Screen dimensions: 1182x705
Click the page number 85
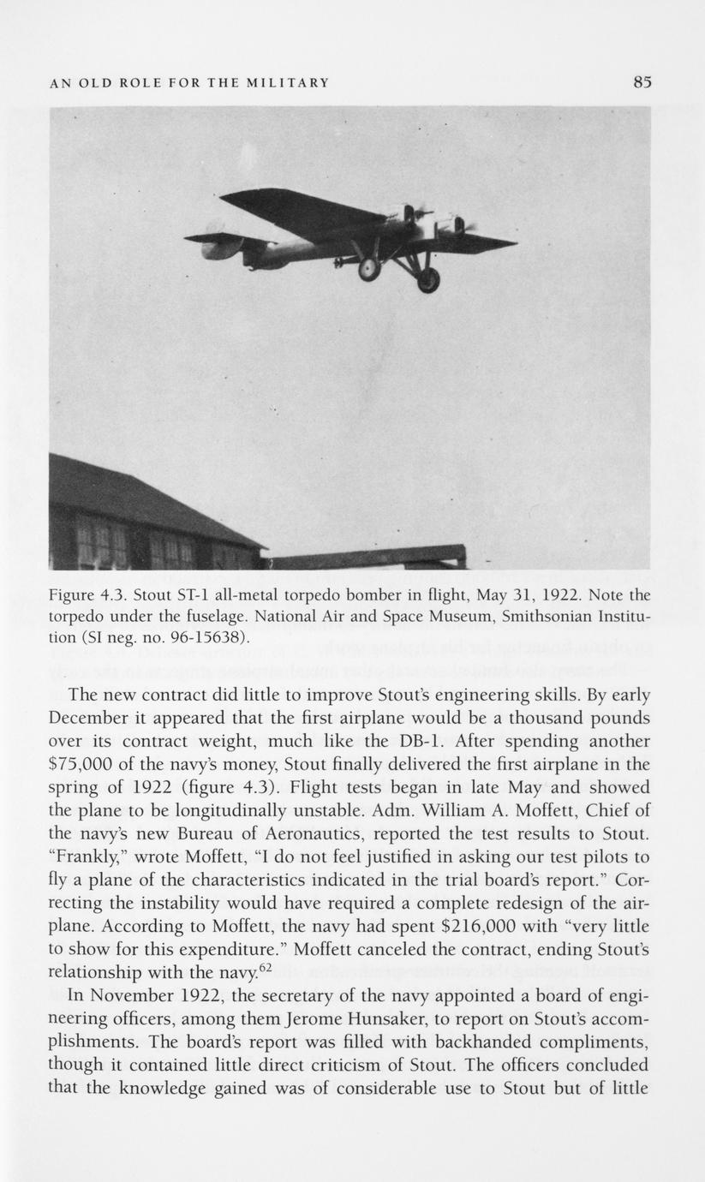point(642,82)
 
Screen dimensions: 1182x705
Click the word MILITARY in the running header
point(288,83)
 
